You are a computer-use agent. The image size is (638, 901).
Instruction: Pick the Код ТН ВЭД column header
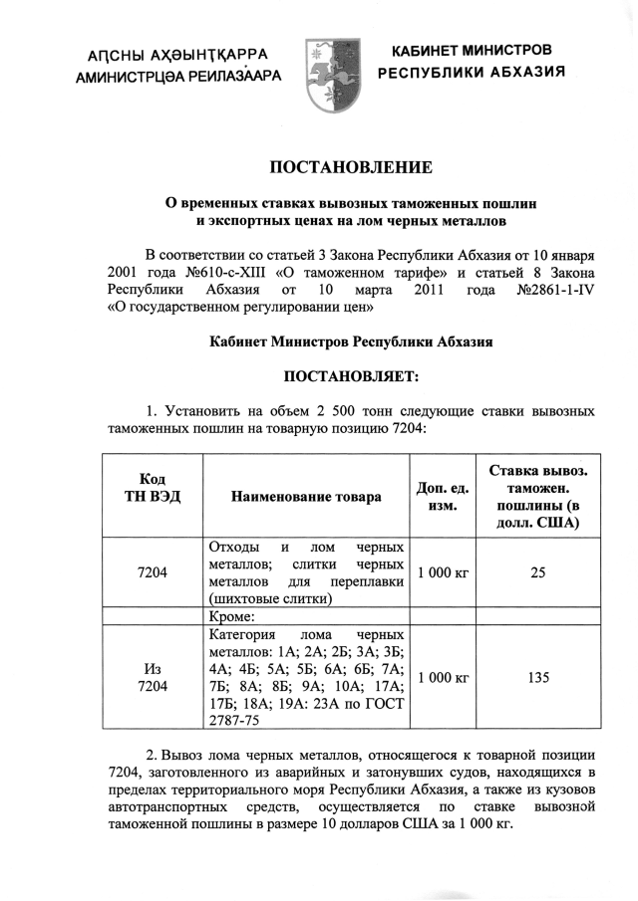(153, 487)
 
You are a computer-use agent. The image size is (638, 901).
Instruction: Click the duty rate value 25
(538, 572)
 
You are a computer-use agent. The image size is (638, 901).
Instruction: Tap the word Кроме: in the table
(234, 616)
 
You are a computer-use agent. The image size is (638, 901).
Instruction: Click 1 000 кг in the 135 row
(443, 678)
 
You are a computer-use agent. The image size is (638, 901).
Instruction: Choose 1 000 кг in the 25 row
(443, 572)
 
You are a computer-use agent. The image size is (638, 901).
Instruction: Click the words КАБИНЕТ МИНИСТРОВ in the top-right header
(472, 50)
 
